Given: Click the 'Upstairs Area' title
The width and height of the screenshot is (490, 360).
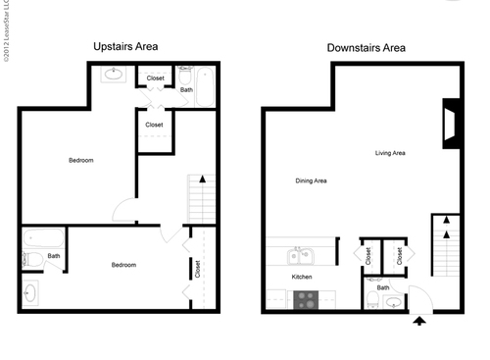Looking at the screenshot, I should (125, 46).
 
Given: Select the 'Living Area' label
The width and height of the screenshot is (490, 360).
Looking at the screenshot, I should (390, 153).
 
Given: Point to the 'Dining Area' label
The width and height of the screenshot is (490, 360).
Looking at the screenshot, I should (311, 180).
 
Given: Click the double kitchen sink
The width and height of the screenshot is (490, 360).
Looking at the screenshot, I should (302, 257).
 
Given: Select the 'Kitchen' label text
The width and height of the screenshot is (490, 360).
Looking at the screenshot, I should (302, 278).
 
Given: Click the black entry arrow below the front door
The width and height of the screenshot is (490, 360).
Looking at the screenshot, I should (420, 321).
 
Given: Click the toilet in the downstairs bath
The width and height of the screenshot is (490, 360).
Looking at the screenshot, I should (373, 300).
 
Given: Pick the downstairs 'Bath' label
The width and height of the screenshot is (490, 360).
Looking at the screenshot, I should (383, 287).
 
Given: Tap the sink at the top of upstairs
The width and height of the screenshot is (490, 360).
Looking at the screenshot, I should (113, 75).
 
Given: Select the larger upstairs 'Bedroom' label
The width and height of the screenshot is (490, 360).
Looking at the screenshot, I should (80, 160).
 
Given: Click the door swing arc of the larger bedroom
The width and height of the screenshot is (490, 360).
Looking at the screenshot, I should (124, 209).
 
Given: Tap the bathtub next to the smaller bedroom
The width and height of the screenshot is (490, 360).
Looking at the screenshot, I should (42, 237).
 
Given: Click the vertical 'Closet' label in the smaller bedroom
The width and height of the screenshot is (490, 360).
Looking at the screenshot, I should (197, 268).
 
